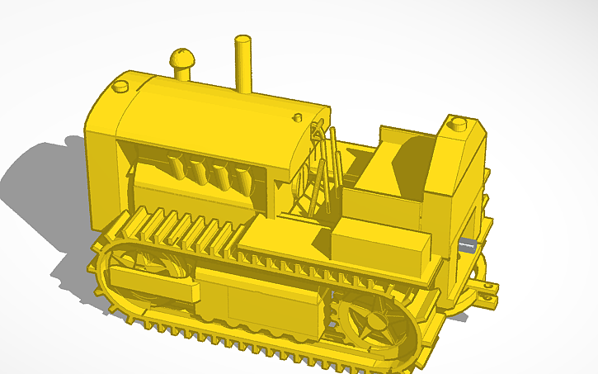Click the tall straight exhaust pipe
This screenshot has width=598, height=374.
click(242, 64)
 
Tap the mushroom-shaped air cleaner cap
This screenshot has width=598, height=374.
click(181, 60)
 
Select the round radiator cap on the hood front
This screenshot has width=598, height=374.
click(120, 85)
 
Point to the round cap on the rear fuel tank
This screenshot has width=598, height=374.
click(457, 125)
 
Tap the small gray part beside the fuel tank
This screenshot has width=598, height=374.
click(467, 244)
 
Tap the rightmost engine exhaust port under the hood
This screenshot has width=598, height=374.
click(243, 176)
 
